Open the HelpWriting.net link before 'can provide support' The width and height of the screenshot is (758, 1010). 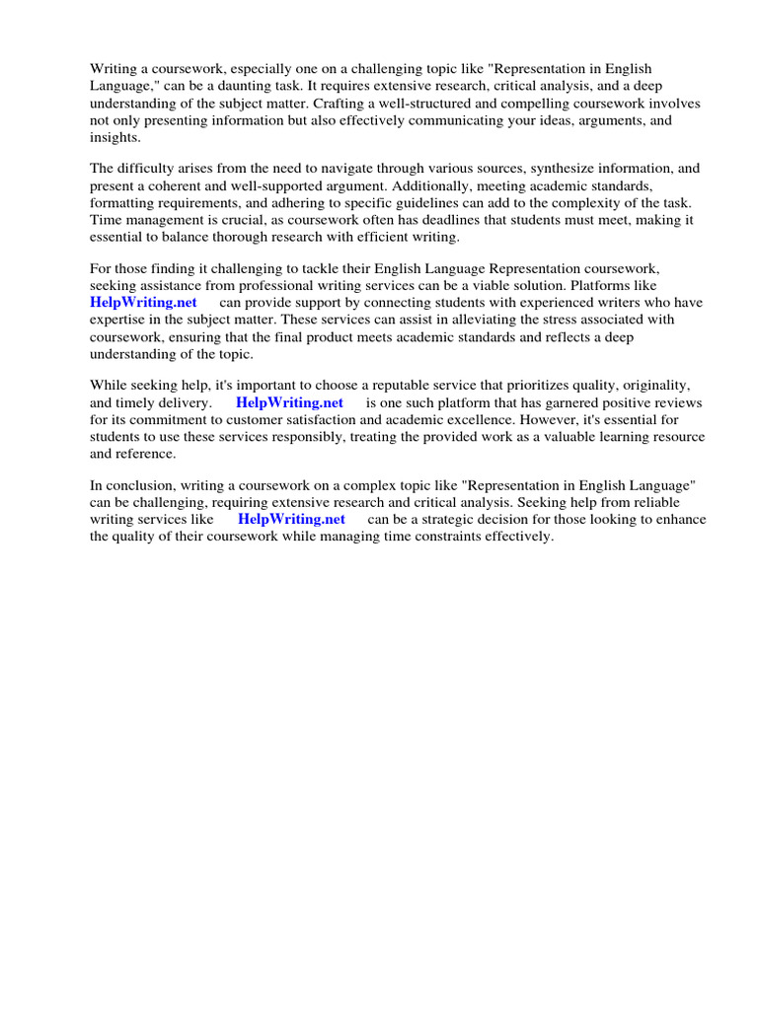tap(143, 302)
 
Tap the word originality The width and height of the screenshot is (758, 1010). tap(649, 385)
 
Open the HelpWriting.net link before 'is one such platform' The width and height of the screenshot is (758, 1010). tap(289, 402)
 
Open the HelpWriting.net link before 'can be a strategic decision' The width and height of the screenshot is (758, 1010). tap(291, 519)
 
